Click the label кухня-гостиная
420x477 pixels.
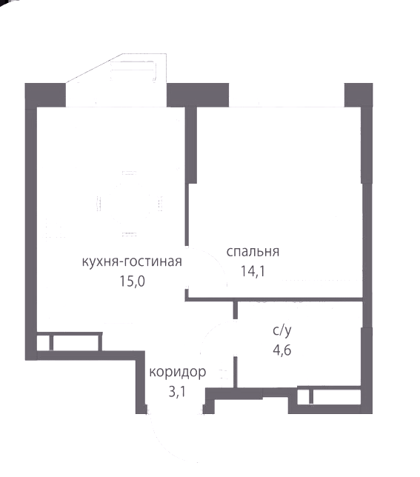[132, 261]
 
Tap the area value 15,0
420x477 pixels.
[132, 281]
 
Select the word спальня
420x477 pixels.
[253, 252]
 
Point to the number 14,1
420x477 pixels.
[253, 271]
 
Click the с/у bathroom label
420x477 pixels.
[282, 330]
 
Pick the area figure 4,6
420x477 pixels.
[282, 350]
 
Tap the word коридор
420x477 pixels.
[178, 372]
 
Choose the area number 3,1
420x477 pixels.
[177, 392]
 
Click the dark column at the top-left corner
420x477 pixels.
[45, 96]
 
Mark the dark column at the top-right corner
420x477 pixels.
[359, 95]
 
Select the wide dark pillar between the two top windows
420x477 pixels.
[198, 95]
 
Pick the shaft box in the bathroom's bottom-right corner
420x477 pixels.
[329, 396]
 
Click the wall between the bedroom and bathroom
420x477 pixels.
[274, 299]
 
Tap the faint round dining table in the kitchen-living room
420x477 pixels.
[129, 204]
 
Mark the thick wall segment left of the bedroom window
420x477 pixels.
[191, 145]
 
